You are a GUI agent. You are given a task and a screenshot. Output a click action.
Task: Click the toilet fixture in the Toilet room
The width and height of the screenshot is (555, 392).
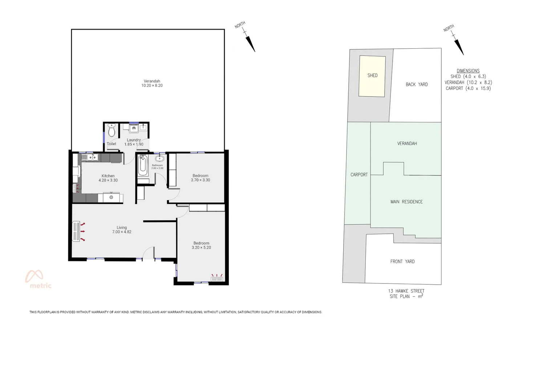pos(112,130)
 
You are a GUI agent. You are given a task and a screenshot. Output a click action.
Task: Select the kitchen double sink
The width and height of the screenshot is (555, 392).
pos(90,157)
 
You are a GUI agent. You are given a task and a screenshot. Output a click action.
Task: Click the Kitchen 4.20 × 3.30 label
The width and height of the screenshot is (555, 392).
pos(108,178)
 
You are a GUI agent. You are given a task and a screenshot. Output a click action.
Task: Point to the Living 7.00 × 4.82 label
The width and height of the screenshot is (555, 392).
pos(122,230)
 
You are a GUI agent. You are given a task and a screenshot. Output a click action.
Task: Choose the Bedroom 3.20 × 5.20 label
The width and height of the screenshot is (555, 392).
pos(201,245)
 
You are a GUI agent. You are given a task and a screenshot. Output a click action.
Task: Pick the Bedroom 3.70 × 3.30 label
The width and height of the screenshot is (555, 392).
pos(200,178)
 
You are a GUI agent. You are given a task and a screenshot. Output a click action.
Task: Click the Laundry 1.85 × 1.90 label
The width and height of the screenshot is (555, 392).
pos(134,142)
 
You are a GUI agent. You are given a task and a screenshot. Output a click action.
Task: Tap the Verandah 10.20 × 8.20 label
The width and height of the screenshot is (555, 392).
pos(152,83)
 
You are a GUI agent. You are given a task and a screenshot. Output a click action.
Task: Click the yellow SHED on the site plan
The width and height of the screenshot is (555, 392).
pos(372,76)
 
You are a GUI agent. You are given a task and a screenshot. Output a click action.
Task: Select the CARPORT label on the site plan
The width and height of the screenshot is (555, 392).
pos(359,175)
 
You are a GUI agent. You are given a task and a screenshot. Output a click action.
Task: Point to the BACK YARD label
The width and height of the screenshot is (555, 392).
pos(417,84)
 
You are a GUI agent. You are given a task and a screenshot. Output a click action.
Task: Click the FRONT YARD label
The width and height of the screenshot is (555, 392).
pos(402,261)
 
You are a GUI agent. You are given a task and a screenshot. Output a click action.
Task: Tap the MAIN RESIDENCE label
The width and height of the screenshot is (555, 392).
pos(406,202)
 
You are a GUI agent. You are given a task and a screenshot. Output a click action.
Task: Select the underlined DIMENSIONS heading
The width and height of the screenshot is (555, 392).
pos(468,71)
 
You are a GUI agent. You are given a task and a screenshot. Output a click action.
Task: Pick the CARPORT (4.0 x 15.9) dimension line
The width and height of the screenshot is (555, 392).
pos(468,88)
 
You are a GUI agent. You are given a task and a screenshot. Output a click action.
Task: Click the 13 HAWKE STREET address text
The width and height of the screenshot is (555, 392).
pos(406,291)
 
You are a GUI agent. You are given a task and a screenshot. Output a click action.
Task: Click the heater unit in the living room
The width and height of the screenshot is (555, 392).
pos(76,231)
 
